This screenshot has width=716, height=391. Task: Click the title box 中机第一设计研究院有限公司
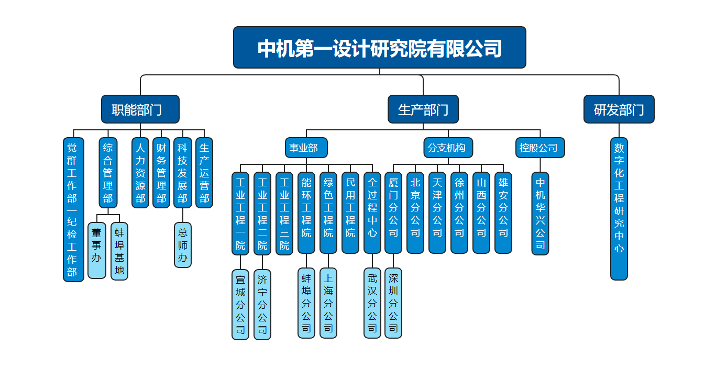point(379,48)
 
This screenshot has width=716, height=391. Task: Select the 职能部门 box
point(140,109)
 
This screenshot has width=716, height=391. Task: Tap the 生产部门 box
point(423,109)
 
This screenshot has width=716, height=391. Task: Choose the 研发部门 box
point(619,109)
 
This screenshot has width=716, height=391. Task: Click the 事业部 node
point(306,148)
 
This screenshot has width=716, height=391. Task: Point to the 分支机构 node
point(448,148)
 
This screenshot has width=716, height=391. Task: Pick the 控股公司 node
point(540,148)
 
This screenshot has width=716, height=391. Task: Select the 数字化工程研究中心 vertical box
point(619,209)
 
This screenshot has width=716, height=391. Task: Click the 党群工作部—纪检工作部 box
point(73,209)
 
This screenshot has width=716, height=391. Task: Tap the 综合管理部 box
point(108,173)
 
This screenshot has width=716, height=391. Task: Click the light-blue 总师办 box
point(183,245)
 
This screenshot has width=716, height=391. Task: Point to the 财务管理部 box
point(161,173)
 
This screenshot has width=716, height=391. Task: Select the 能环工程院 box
point(306,213)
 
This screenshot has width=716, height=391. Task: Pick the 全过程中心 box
point(372,213)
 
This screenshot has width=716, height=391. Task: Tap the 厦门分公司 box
point(393,213)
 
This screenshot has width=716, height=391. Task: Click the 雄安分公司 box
point(503,213)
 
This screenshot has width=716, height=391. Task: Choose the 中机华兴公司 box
point(540,214)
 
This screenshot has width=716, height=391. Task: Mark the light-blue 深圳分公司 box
point(393,303)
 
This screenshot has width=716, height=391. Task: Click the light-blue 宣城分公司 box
point(240,304)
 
